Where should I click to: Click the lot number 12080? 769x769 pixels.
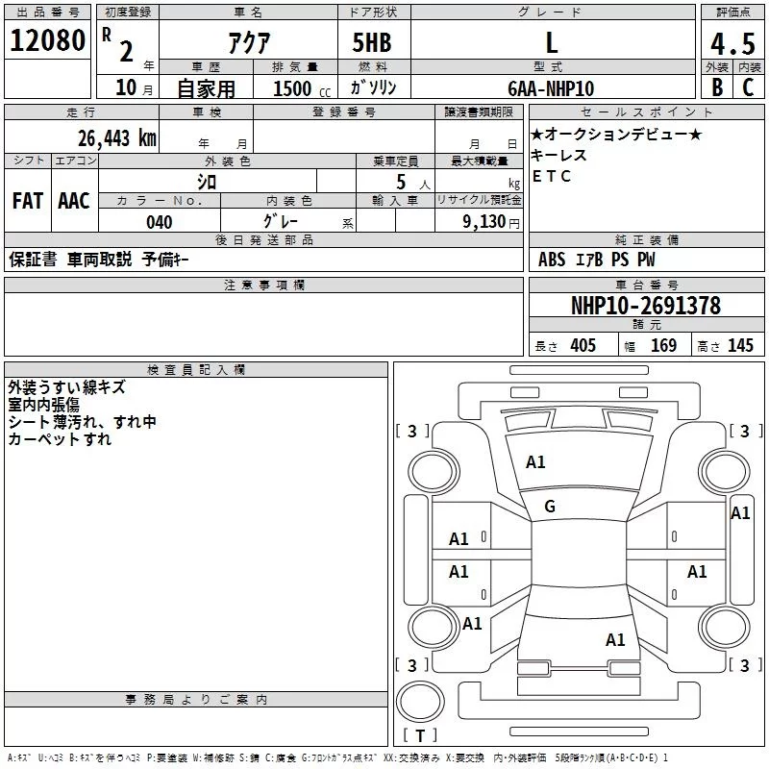[47, 41]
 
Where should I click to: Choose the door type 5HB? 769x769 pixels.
[373, 42]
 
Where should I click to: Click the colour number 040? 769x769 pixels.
[160, 223]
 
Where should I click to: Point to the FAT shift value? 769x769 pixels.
[28, 201]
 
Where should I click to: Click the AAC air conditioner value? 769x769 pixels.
[74, 201]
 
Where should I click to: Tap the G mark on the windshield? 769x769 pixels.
[550, 507]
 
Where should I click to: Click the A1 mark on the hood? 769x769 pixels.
[535, 462]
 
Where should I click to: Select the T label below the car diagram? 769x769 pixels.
[419, 735]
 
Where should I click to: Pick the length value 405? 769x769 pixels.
[583, 346]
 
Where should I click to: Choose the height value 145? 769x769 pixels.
[740, 346]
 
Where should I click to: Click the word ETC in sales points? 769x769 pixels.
[552, 176]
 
